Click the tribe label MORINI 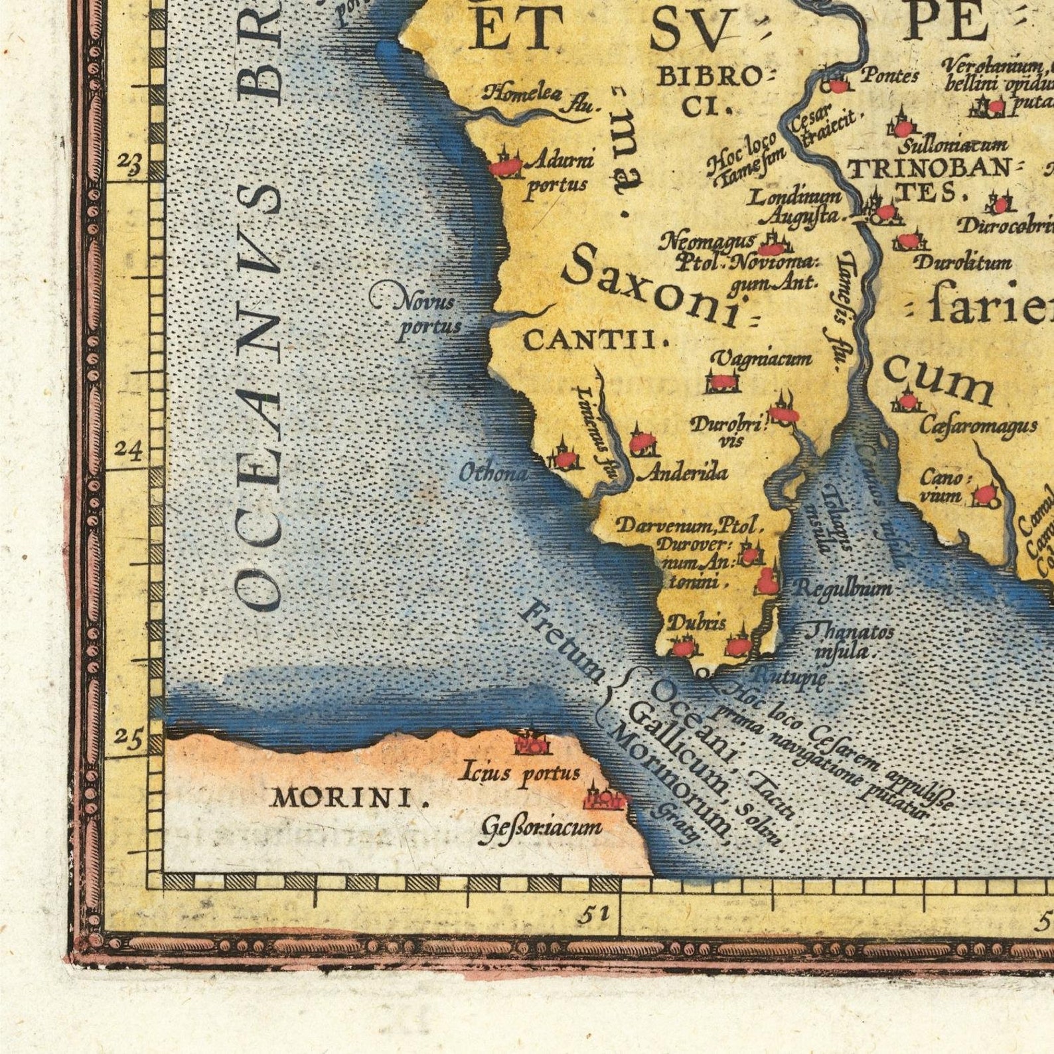347,798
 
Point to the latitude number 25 129,736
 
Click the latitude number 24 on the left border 127,449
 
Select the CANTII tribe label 595,341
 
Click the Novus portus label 428,314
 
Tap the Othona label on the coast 494,473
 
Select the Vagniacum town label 761,359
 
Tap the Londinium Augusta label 796,206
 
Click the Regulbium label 843,587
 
